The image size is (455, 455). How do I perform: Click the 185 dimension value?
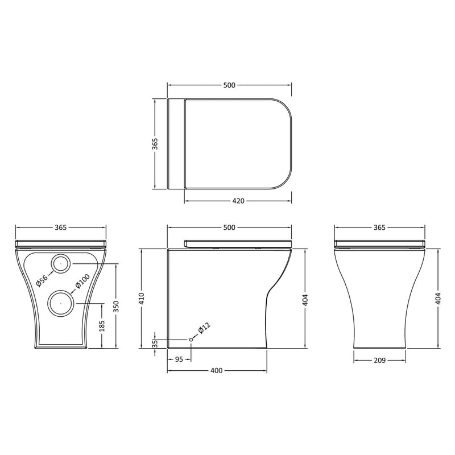click(x=102, y=326)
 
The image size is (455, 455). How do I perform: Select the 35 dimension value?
click(x=155, y=344)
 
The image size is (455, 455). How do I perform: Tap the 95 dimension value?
click(x=179, y=359)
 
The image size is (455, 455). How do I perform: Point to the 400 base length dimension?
click(x=216, y=371)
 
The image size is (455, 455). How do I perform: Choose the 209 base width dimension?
click(x=380, y=359)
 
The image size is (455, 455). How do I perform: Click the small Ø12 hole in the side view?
click(x=191, y=340)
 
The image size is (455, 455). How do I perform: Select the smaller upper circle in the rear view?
click(x=61, y=263)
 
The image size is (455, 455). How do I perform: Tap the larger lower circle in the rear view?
click(x=60, y=303)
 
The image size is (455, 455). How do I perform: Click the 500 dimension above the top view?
click(x=229, y=85)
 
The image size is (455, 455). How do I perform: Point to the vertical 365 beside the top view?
click(x=155, y=143)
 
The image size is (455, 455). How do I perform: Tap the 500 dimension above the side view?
click(x=229, y=227)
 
